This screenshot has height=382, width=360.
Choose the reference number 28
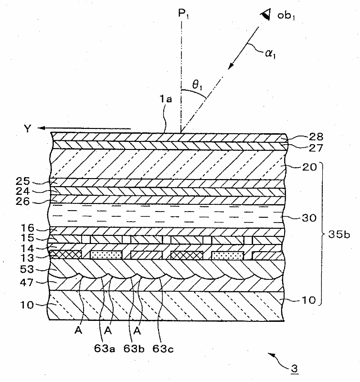[303, 138]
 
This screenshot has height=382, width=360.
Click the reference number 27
[303, 148]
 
